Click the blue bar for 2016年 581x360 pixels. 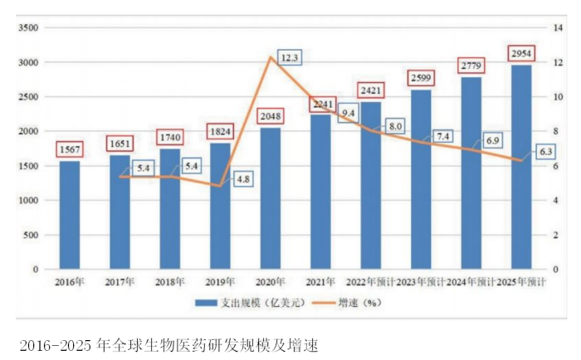click(x=70, y=216)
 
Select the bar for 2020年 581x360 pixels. click(x=271, y=199)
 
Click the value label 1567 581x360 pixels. click(x=70, y=148)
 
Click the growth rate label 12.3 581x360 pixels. click(x=289, y=57)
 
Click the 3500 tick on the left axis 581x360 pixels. click(x=28, y=27)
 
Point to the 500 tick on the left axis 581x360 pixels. click(x=32, y=235)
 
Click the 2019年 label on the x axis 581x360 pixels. click(x=221, y=283)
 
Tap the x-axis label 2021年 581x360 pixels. click(x=320, y=283)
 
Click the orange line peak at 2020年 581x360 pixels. click(x=271, y=56)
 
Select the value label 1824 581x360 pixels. click(x=220, y=131)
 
